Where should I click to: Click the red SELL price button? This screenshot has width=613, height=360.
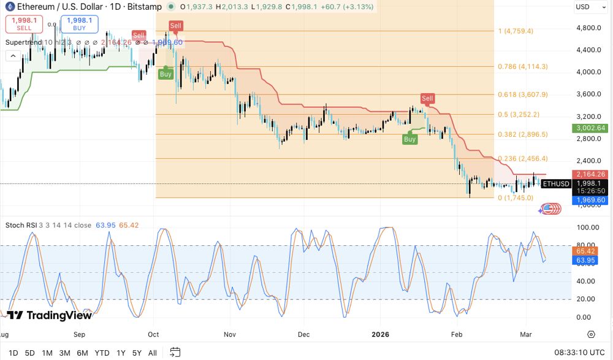click(x=24, y=24)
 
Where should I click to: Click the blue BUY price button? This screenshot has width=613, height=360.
click(x=79, y=24)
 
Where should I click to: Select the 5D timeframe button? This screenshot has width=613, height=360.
click(x=29, y=353)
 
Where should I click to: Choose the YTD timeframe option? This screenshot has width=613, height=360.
click(x=102, y=353)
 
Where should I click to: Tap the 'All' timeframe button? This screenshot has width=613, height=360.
click(x=153, y=353)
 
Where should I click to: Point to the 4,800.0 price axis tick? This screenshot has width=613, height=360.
click(x=588, y=28)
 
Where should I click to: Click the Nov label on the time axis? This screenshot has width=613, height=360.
click(x=230, y=335)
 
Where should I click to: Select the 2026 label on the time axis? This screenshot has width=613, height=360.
click(x=381, y=335)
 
